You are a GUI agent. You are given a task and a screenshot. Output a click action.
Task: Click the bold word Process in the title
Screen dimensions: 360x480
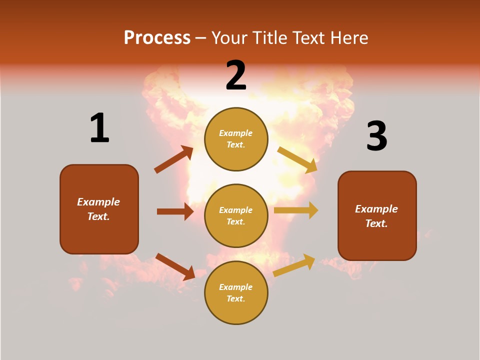157,38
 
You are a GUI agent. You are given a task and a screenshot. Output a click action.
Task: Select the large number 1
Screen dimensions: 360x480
99,128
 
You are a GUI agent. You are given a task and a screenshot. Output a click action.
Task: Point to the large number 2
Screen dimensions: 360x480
236,75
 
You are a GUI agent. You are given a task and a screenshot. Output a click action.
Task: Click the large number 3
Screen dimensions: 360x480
376,136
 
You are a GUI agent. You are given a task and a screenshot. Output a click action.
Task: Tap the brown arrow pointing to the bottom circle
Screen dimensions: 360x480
175,266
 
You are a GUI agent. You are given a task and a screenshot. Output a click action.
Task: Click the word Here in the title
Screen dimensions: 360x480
349,38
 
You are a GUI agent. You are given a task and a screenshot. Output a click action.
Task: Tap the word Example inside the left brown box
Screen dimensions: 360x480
98,202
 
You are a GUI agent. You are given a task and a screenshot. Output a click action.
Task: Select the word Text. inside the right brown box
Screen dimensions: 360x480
376,223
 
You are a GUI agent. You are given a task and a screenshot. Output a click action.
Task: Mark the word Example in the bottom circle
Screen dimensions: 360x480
235,287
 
